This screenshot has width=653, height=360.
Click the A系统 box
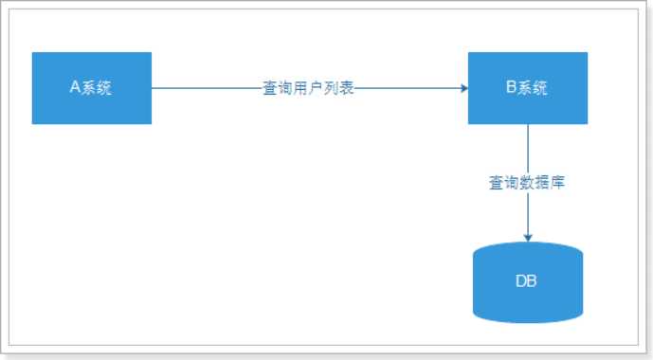92,88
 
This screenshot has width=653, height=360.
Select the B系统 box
528,88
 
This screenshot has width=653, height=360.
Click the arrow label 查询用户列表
308,88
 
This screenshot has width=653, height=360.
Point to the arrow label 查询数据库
528,183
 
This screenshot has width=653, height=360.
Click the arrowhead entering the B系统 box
463,88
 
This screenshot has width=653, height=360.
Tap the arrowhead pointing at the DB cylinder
528,237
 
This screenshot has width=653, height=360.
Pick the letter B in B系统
512,88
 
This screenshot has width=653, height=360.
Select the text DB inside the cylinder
528,282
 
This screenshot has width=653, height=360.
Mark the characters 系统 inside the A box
98,88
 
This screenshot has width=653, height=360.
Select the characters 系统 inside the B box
535,88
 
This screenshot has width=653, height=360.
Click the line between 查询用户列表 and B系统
408,88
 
